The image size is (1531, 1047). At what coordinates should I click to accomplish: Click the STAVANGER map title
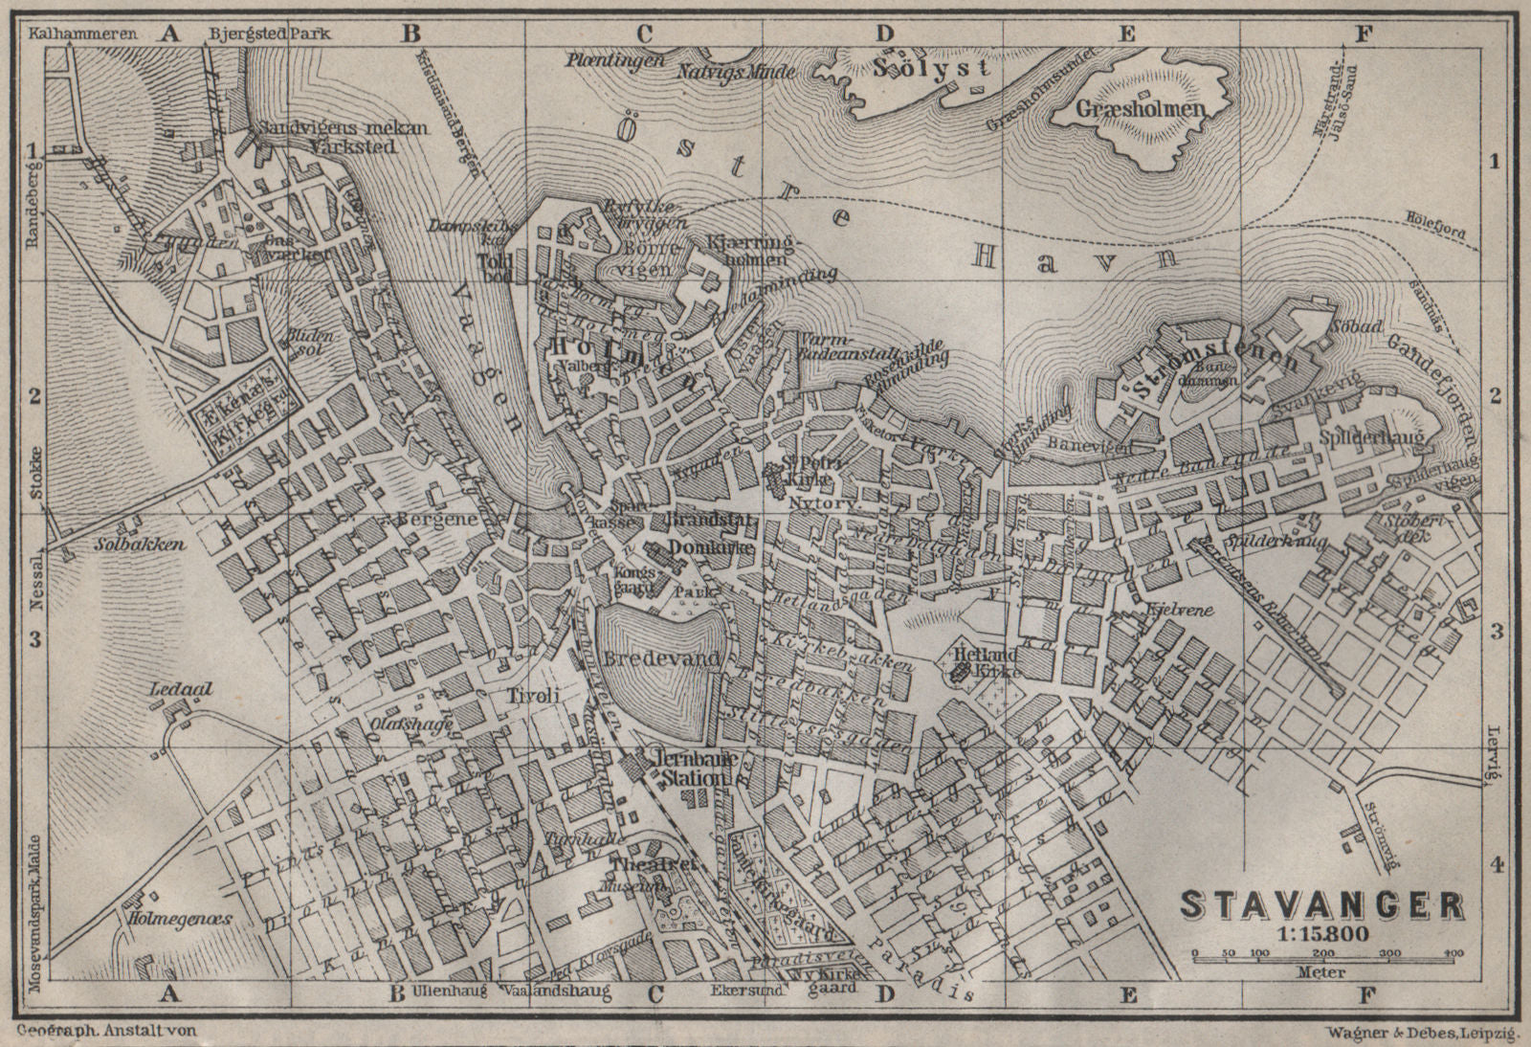click(1321, 903)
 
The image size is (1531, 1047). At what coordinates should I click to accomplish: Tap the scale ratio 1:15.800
click(1322, 933)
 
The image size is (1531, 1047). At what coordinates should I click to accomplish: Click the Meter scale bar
click(1322, 956)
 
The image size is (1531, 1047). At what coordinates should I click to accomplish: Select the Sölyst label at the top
click(931, 68)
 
